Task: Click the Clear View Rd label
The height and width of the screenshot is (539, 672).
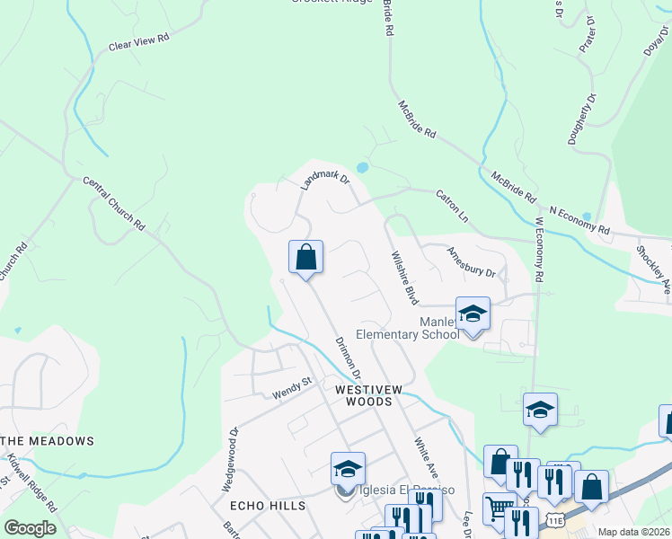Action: click(x=138, y=41)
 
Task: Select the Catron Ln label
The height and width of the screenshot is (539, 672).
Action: click(x=452, y=206)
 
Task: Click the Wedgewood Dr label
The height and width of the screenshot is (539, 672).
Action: click(x=231, y=458)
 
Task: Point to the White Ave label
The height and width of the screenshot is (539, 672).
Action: click(x=426, y=456)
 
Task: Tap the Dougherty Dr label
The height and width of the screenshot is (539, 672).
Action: click(x=582, y=121)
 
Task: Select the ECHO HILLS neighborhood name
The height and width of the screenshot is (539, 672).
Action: click(x=268, y=506)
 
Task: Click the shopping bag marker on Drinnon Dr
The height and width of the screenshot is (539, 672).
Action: click(x=305, y=257)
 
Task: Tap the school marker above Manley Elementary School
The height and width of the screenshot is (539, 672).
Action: click(x=473, y=314)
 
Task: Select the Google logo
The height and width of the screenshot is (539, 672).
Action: click(x=29, y=528)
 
